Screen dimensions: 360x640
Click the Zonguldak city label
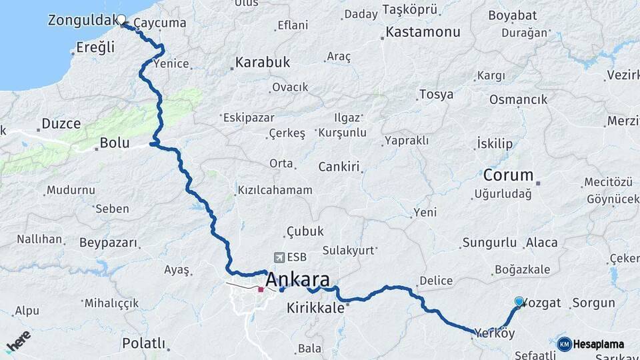pos(83,21)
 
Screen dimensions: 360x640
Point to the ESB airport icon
pos(278,257)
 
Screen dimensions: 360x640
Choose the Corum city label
pos(509,175)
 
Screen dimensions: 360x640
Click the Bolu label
pos(114,143)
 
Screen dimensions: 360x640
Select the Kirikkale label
pos(315,309)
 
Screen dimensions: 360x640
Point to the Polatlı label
pos(143,343)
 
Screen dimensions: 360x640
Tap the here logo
pos(19,343)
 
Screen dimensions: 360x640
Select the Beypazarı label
pos(108,243)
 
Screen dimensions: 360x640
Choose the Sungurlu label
pos(489,243)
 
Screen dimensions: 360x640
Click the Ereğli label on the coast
pos(95,47)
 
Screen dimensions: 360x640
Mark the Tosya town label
pos(436,95)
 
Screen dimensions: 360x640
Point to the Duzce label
pos(61,123)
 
